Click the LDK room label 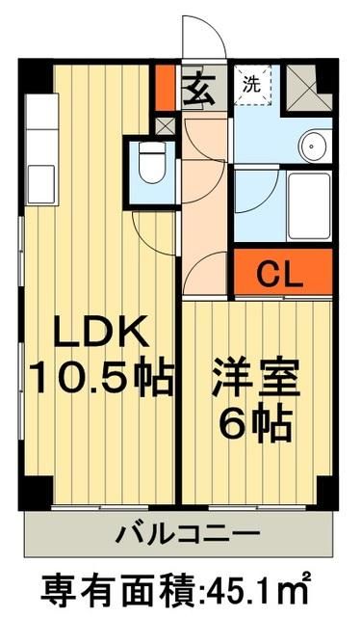click(x=100, y=334)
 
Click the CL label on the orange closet click(x=280, y=274)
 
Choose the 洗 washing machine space click(x=252, y=85)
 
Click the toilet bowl click(x=152, y=167)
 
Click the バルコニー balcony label click(x=180, y=532)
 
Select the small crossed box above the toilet click(x=164, y=125)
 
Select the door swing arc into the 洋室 click(x=204, y=275)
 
